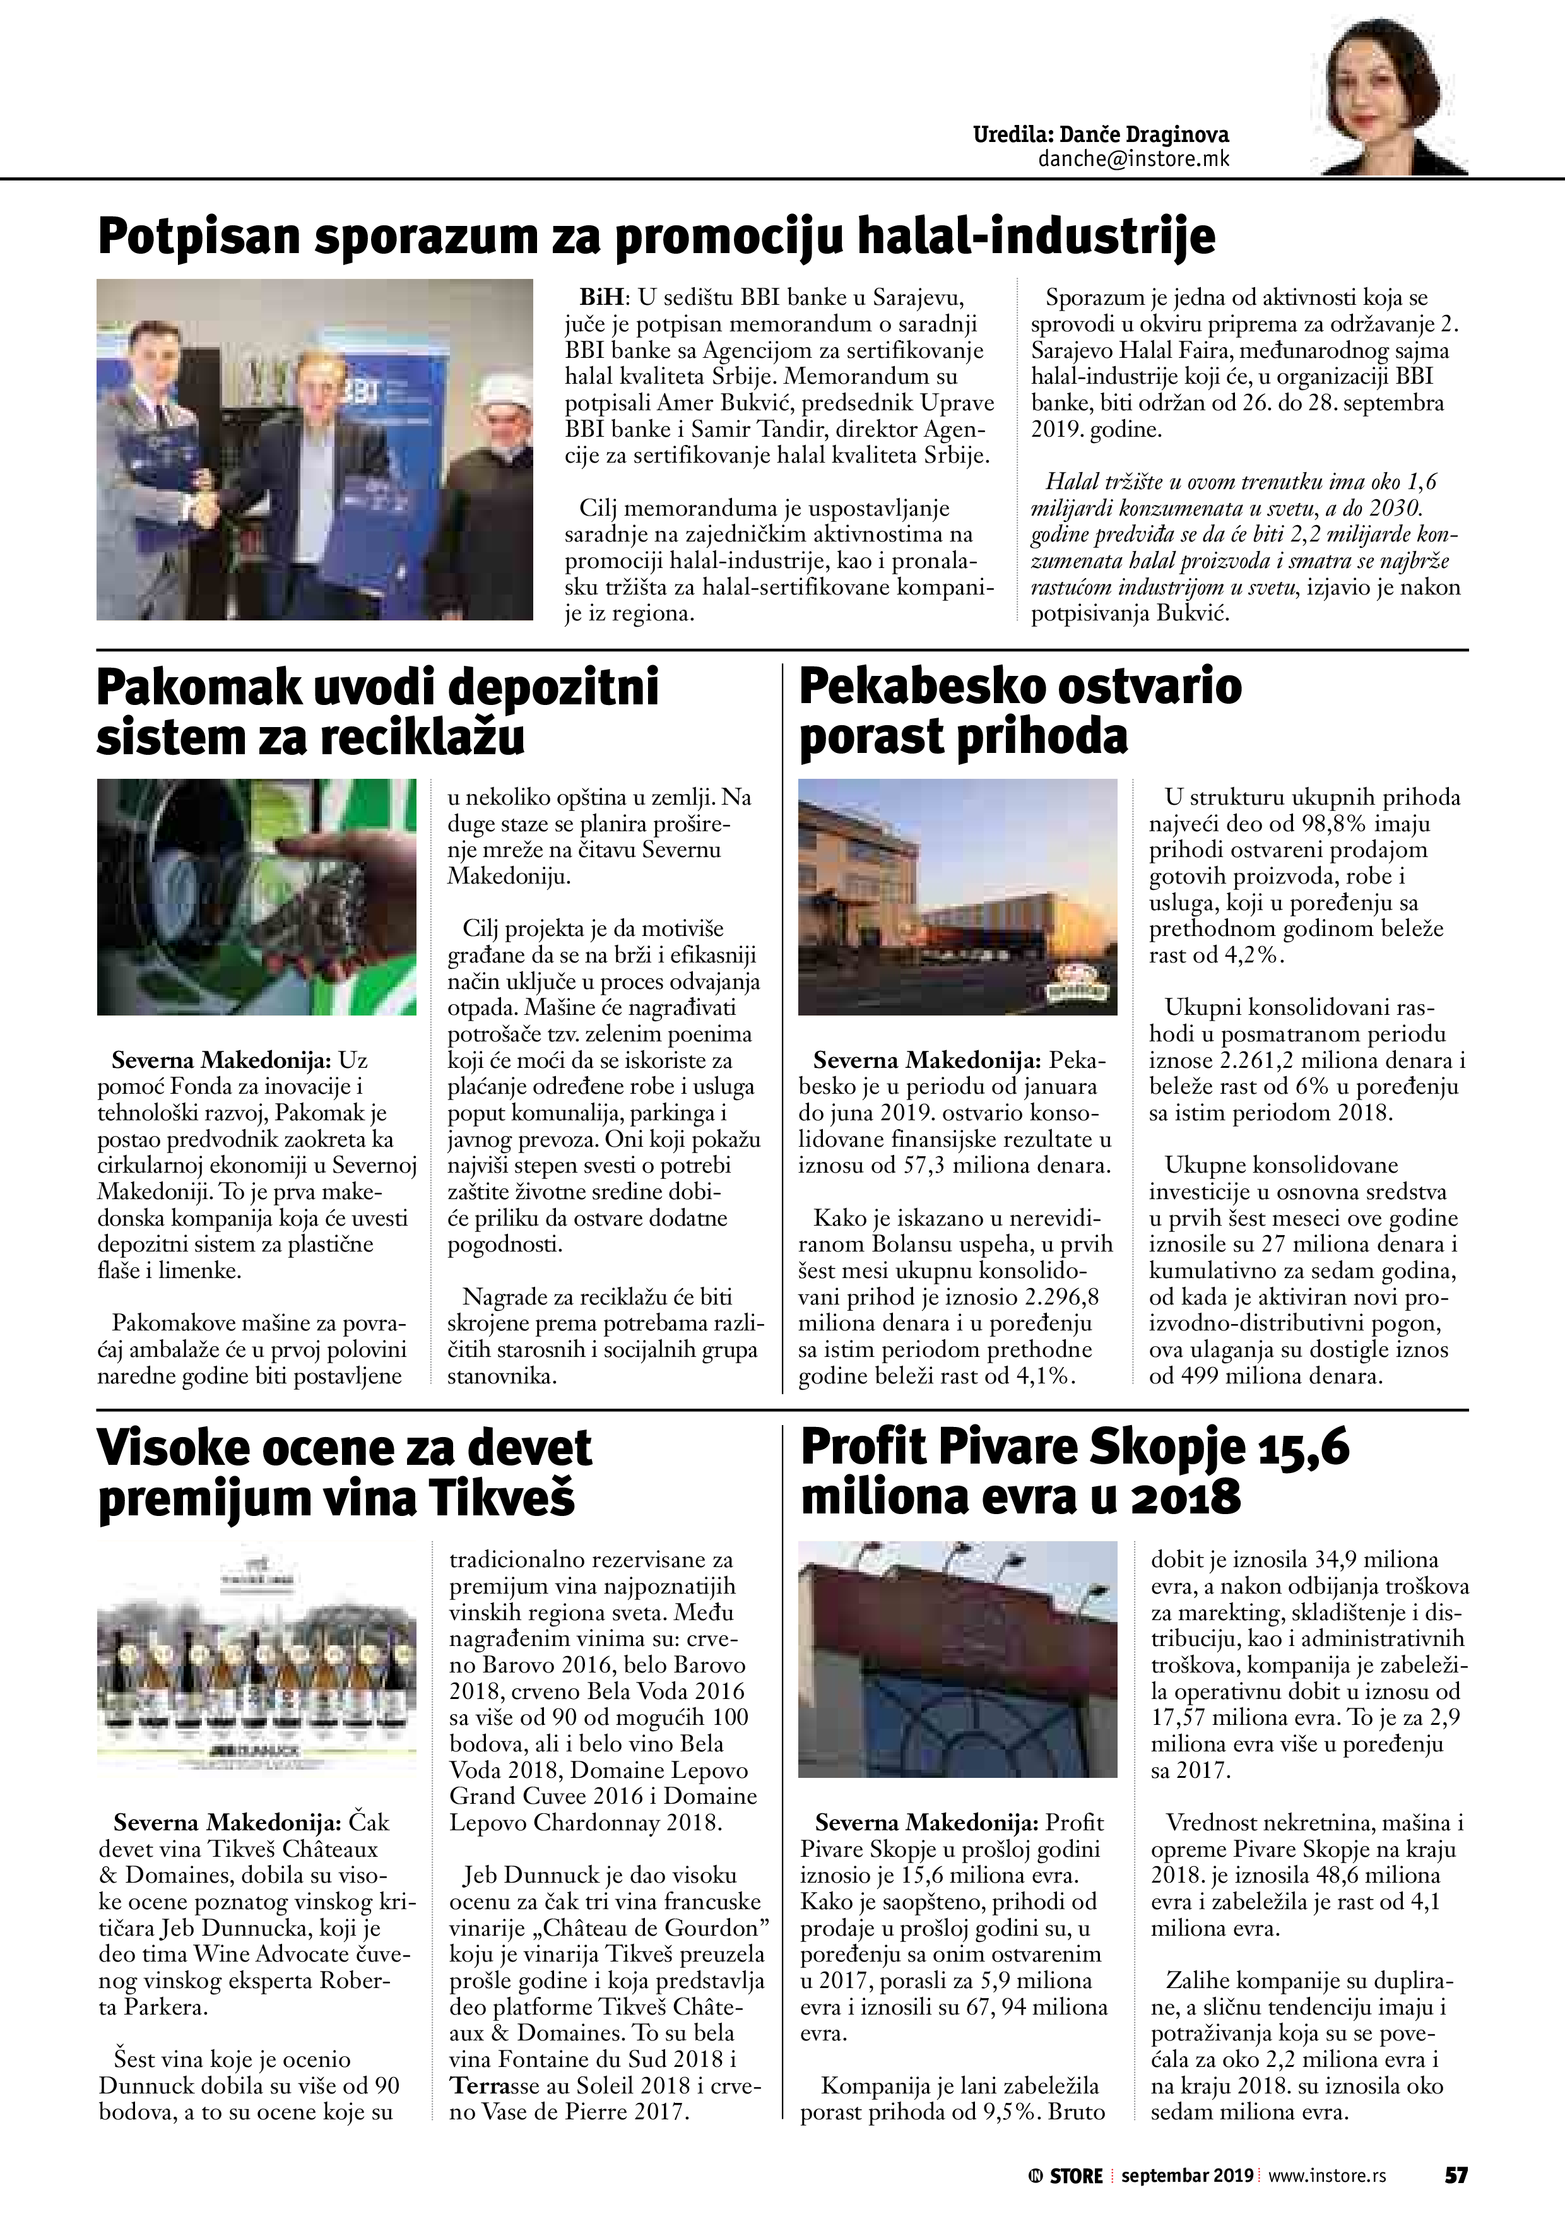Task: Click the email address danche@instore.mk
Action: coord(1133,159)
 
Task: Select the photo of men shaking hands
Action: coord(314,449)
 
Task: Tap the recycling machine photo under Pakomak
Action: coord(256,897)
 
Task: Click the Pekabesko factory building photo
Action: coord(957,897)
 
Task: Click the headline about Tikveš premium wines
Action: coord(345,1474)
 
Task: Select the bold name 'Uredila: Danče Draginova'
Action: coord(1101,135)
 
